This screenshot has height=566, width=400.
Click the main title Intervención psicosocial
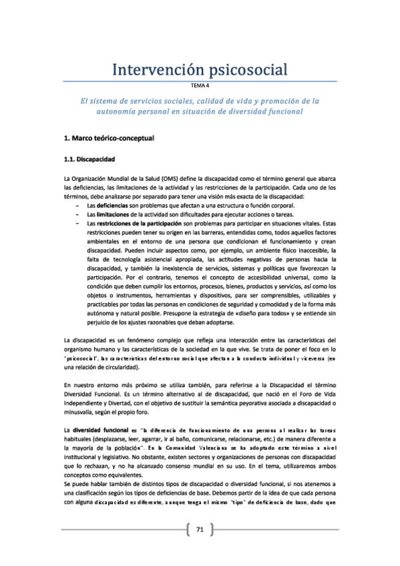click(200, 69)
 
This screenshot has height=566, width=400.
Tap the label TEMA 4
click(200, 87)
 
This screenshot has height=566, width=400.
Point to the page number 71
click(200, 529)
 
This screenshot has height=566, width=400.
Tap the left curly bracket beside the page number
click(188, 529)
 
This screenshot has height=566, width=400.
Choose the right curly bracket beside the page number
click(212, 529)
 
